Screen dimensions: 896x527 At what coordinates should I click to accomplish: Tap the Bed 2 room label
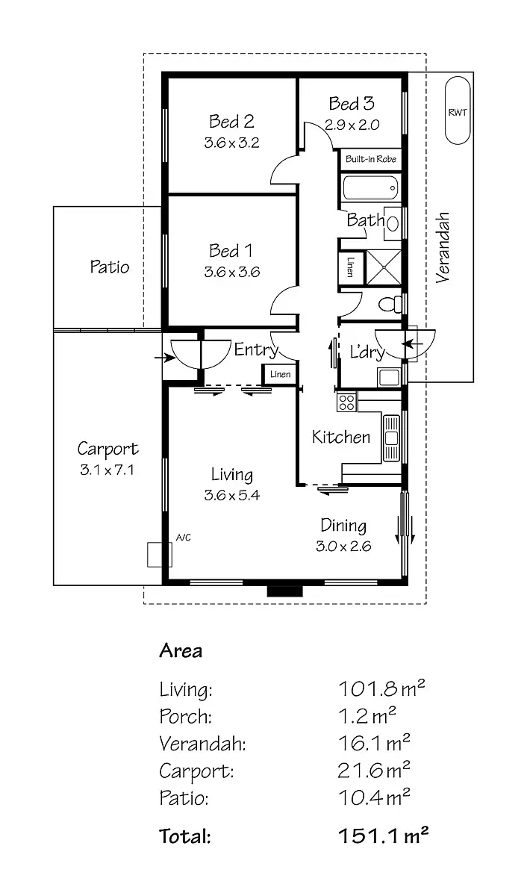(x=231, y=121)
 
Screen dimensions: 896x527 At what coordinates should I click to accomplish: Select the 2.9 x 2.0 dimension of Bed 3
(x=352, y=125)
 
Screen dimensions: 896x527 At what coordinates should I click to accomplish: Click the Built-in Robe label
(x=371, y=159)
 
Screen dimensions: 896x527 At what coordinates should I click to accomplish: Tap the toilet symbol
(x=389, y=305)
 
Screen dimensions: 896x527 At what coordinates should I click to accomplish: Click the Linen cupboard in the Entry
(x=279, y=374)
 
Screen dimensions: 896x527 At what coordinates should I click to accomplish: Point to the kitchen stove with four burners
(x=347, y=402)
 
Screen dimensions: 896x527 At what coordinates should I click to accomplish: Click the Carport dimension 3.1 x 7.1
(x=108, y=470)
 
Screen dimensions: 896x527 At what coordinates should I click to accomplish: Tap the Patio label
(x=110, y=267)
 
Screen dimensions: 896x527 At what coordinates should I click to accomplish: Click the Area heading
(x=181, y=650)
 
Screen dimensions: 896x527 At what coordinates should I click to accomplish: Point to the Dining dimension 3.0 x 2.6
(x=343, y=546)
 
